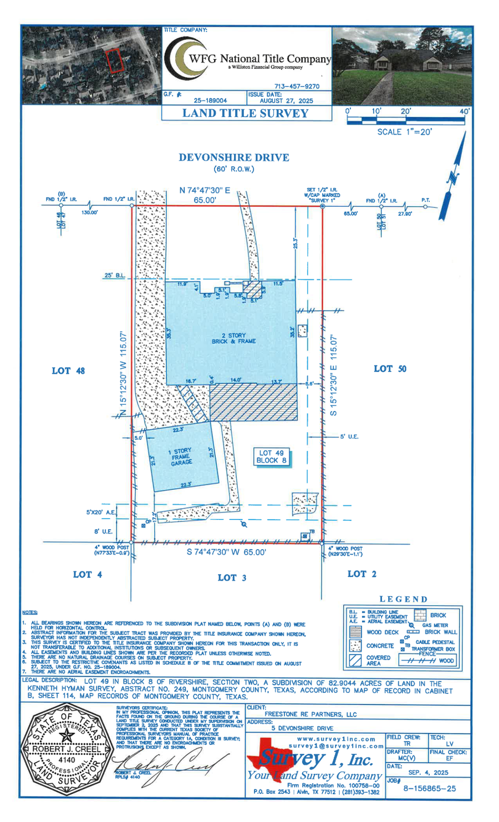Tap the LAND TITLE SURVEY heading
[245, 113]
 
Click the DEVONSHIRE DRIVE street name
[233, 158]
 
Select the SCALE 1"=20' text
[404, 132]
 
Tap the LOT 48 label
[68, 371]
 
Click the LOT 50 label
[390, 369]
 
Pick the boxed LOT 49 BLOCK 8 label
[271, 456]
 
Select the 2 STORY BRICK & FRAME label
[233, 338]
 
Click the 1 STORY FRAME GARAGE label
[181, 456]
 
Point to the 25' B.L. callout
[114, 276]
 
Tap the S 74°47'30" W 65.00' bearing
[226, 552]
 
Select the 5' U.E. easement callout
[349, 437]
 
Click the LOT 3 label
[232, 577]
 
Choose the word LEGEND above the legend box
[404, 599]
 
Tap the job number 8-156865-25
[429, 788]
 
